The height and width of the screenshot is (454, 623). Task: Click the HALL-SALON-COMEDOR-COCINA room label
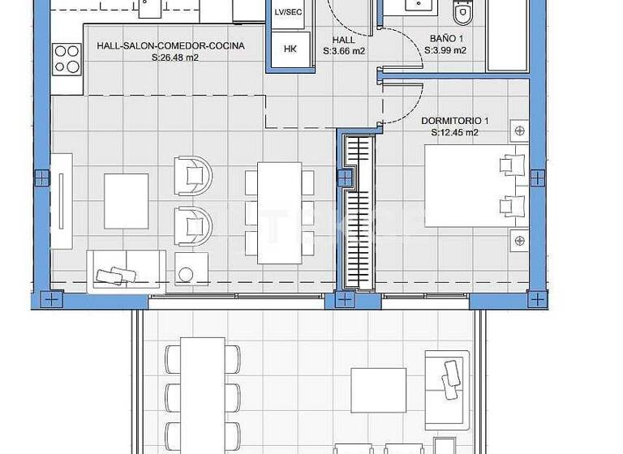170,46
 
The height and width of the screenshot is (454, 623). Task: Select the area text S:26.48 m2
170,58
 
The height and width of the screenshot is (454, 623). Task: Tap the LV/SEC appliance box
289,13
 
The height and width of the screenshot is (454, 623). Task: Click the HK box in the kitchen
290,48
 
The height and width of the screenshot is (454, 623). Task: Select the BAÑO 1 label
445,38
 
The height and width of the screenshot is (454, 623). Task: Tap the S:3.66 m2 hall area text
344,50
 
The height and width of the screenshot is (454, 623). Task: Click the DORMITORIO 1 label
454,121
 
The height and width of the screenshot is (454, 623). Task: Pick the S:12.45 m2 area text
454,132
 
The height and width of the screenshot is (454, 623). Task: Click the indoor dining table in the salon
279,213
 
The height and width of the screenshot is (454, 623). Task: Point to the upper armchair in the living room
193,173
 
